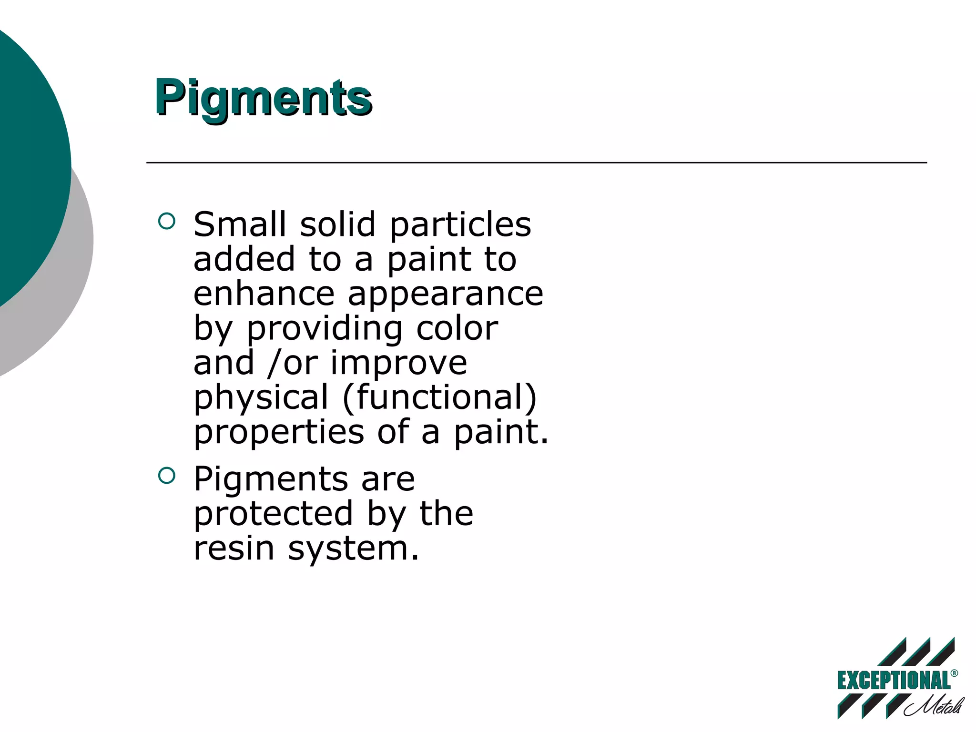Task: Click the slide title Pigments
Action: click(263, 98)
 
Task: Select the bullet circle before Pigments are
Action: click(166, 475)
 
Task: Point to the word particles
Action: click(460, 225)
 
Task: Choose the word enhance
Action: click(264, 294)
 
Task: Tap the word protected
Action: click(273, 514)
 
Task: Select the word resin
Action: click(234, 548)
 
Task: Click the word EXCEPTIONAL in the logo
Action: click(894, 681)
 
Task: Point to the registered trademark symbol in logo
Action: click(954, 673)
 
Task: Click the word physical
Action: click(261, 398)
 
